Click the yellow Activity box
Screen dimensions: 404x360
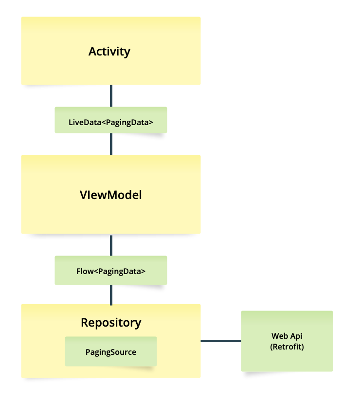click(x=111, y=68)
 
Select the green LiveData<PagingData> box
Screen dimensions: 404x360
click(x=111, y=120)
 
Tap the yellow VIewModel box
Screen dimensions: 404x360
click(x=111, y=214)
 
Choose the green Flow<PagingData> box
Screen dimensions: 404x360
click(x=111, y=271)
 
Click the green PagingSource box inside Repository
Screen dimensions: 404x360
click(x=111, y=351)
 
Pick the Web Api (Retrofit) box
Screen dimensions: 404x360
click(x=287, y=360)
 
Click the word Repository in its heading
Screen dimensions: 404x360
click(x=111, y=322)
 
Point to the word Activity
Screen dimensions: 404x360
click(x=109, y=51)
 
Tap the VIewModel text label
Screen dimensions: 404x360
click(x=111, y=195)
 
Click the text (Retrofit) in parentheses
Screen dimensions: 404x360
click(x=287, y=347)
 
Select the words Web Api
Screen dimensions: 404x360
click(x=287, y=336)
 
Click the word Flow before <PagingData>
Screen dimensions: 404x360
click(x=85, y=271)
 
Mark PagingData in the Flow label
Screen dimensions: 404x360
click(x=119, y=271)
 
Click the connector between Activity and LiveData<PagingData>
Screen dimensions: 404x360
click(x=111, y=96)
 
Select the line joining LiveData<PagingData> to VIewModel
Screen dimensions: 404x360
click(x=111, y=144)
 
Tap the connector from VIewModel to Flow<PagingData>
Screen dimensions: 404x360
click(x=111, y=245)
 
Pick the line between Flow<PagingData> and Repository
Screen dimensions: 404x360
click(x=111, y=294)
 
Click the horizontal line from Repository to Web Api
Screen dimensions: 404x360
click(x=221, y=341)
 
